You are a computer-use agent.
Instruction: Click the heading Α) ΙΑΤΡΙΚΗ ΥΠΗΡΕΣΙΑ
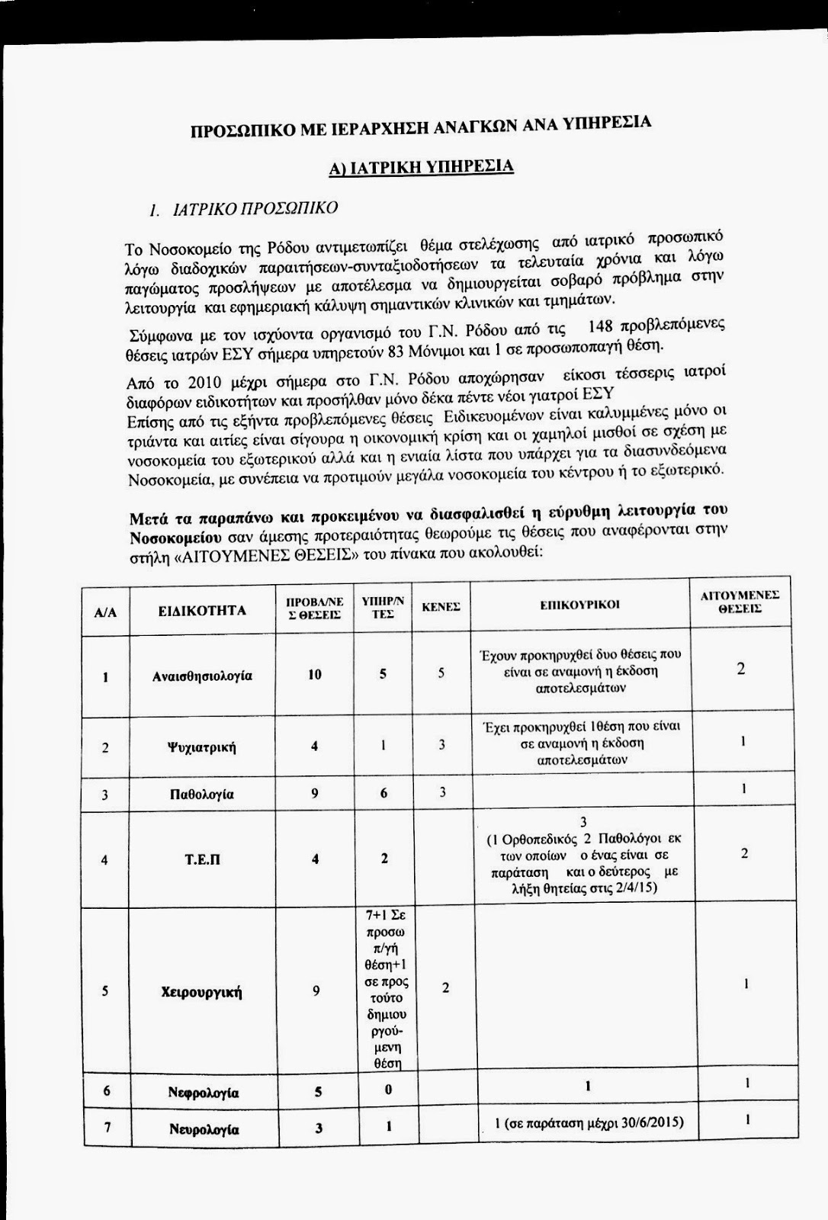click(421, 167)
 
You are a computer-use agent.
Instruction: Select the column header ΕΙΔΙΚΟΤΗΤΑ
click(202, 611)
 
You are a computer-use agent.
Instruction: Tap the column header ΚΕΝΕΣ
click(441, 607)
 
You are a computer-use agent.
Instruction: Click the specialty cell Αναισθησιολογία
click(202, 676)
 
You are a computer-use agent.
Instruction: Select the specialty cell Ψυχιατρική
click(202, 747)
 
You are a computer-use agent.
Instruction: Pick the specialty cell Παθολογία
click(202, 795)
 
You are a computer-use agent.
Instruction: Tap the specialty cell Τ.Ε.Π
click(202, 859)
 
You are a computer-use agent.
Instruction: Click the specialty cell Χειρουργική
click(202, 992)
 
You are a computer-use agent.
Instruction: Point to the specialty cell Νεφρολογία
click(204, 1093)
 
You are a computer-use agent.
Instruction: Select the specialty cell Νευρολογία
click(204, 1130)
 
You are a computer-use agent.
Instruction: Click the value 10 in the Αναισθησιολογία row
click(315, 675)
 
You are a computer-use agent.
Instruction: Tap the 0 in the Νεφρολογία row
click(387, 1090)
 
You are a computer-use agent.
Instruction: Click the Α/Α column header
click(105, 612)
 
